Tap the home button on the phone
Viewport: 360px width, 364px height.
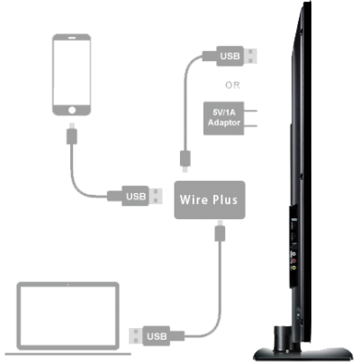coord(72,111)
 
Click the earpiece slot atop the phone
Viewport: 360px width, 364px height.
coord(72,38)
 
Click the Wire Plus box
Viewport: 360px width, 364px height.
coord(210,200)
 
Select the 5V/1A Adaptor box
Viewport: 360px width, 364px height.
coord(224,118)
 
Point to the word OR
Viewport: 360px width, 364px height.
coord(232,85)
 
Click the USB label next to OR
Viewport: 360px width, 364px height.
coord(230,56)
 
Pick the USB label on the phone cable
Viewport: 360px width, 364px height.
coord(136,196)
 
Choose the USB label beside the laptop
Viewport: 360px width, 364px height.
coord(157,336)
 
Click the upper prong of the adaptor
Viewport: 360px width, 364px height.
coord(250,111)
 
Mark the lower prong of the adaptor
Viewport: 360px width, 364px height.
coord(250,126)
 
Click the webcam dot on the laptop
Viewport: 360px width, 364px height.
coord(68,284)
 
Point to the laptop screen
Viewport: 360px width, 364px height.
coord(68,316)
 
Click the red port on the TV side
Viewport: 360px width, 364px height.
coord(294,262)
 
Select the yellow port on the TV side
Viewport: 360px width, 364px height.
coord(294,268)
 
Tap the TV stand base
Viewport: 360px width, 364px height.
coord(304,354)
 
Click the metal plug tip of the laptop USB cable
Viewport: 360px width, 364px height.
coord(136,336)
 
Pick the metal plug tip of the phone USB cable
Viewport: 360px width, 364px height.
coord(156,196)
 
